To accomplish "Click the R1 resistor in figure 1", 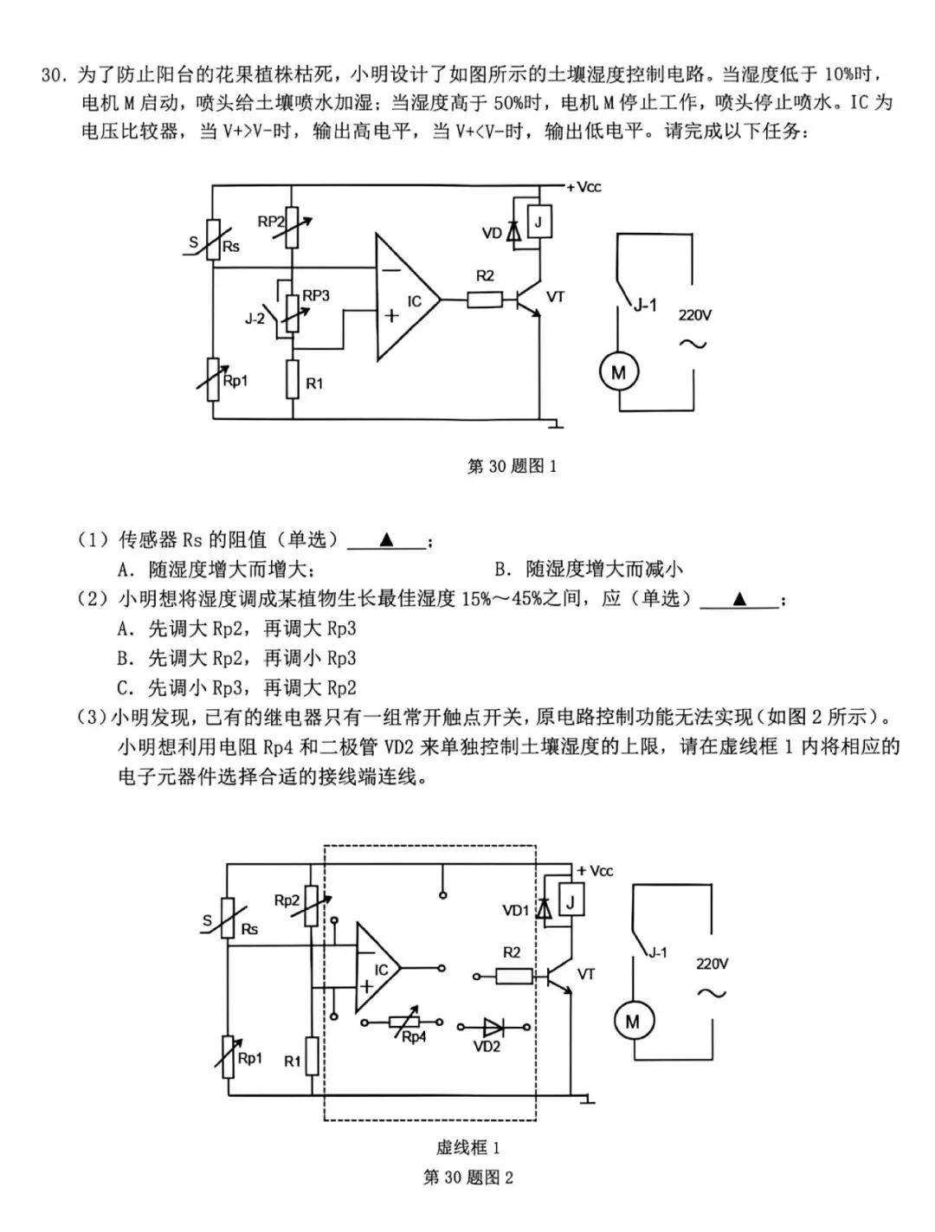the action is tap(293, 380).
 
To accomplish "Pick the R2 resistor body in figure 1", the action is tap(485, 300).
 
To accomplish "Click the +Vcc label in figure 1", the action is tap(584, 188).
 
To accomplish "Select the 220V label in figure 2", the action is tap(712, 964).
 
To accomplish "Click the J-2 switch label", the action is tap(255, 319).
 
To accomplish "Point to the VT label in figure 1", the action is tap(555, 297).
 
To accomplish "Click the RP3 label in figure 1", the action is tap(316, 295).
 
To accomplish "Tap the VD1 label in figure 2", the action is tap(515, 910).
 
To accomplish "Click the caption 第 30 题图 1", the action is tap(512, 466).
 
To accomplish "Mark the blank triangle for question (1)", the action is tap(386, 540).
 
